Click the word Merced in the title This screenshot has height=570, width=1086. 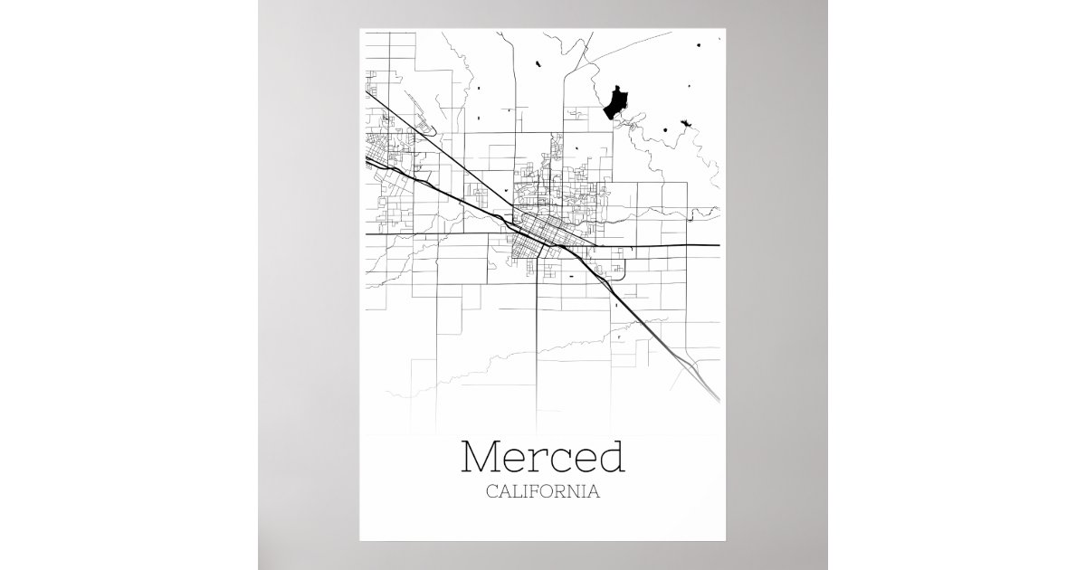coord(543,458)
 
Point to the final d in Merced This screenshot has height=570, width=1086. coord(611,458)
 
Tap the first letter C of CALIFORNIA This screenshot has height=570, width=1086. coord(491,493)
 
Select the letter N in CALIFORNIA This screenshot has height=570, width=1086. coord(576,493)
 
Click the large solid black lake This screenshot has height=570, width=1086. coord(616,101)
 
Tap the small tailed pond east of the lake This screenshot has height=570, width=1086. coord(683,121)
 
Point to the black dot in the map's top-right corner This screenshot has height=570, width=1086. coord(701,45)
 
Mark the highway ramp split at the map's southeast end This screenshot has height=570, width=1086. coord(696,366)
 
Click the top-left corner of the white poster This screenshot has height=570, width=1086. coord(360,29)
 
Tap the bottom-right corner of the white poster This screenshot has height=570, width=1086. coord(725,540)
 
